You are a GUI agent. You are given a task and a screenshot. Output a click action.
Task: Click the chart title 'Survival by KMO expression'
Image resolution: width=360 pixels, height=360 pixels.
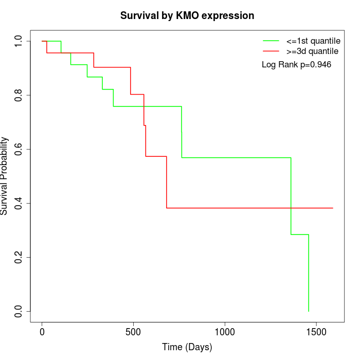(187, 16)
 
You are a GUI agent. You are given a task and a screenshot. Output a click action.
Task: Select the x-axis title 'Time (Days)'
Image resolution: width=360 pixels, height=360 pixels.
(187, 347)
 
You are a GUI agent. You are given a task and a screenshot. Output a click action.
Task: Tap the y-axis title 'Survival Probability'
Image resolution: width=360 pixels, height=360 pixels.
(5, 176)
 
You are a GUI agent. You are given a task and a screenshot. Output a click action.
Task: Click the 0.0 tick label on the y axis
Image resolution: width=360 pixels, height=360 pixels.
(19, 311)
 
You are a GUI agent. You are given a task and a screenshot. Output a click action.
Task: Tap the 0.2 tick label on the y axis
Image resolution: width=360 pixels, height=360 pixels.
(19, 257)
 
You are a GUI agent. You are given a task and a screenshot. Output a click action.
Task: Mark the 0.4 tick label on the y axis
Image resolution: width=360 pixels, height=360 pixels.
(19, 203)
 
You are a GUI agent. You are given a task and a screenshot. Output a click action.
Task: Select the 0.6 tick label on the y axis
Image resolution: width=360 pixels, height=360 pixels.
(19, 149)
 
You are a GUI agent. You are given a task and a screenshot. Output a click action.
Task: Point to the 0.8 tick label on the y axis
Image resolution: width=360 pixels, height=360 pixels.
(19, 95)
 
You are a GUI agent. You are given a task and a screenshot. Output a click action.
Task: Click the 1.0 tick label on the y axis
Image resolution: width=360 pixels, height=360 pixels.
(19, 41)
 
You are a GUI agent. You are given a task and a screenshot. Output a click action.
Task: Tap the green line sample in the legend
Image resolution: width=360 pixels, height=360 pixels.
(272, 41)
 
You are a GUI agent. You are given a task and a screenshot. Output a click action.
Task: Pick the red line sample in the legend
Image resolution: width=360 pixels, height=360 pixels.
(272, 51)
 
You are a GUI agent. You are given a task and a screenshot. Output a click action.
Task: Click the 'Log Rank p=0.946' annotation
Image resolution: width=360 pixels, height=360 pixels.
(296, 65)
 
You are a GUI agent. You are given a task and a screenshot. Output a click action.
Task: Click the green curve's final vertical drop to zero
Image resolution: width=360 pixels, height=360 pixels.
(309, 273)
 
